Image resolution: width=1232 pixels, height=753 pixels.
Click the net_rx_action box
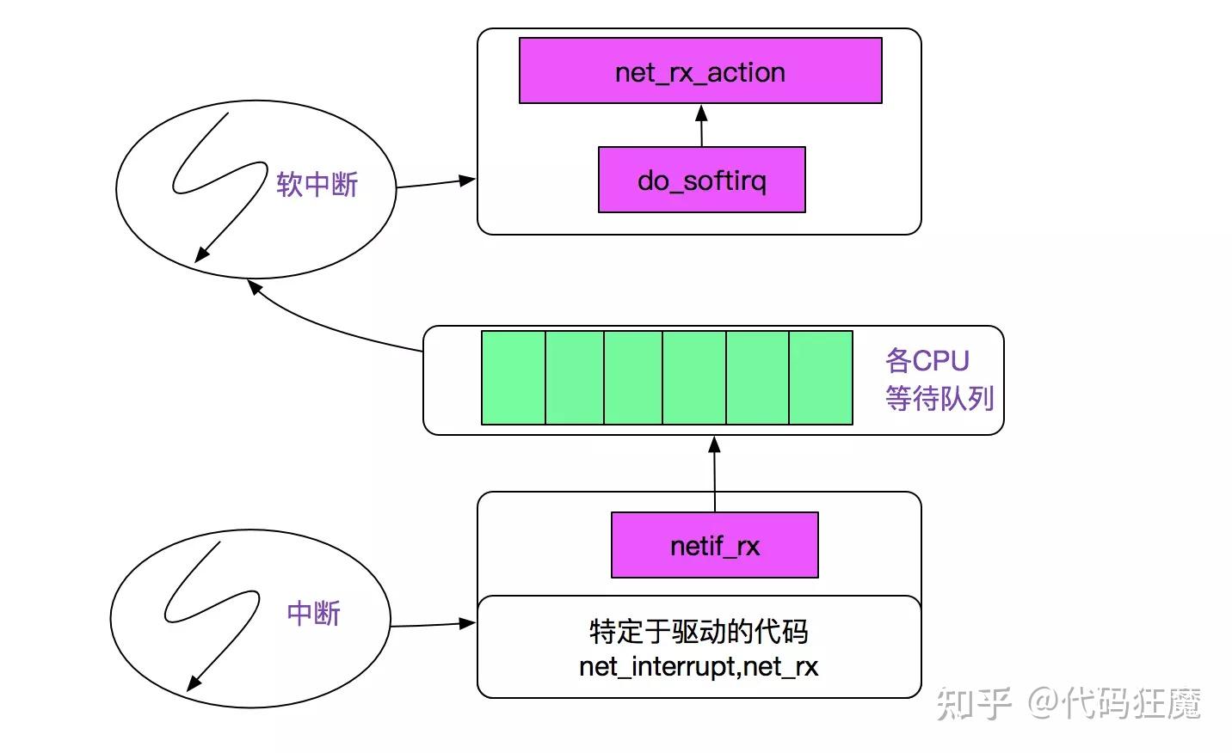pyautogui.click(x=700, y=71)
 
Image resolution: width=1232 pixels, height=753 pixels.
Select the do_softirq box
pyautogui.click(x=701, y=180)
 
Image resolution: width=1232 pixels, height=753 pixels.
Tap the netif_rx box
pyautogui.click(x=714, y=545)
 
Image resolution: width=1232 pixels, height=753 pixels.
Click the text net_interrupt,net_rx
pyautogui.click(x=699, y=666)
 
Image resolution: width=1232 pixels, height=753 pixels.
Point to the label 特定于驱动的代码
pyautogui.click(x=699, y=632)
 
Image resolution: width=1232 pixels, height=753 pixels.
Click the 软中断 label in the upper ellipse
pyautogui.click(x=317, y=184)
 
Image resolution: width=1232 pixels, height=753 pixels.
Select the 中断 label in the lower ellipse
pyautogui.click(x=313, y=613)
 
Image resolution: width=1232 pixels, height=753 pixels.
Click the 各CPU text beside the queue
pyautogui.click(x=927, y=360)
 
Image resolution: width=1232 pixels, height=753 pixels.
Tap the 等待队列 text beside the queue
pyautogui.click(x=939, y=398)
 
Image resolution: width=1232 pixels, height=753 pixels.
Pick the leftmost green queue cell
pyautogui.click(x=514, y=377)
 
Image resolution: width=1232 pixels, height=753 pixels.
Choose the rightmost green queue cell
pyautogui.click(x=821, y=377)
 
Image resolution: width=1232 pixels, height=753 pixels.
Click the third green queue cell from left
pyautogui.click(x=633, y=377)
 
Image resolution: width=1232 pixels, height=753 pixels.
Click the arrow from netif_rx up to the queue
pyautogui.click(x=714, y=473)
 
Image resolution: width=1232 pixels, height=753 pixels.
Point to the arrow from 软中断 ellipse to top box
pyautogui.click(x=434, y=183)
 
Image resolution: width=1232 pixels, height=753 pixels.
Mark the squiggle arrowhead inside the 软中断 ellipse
pyautogui.click(x=200, y=254)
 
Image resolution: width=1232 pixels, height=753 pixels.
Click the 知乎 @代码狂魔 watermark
pyautogui.click(x=1067, y=703)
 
